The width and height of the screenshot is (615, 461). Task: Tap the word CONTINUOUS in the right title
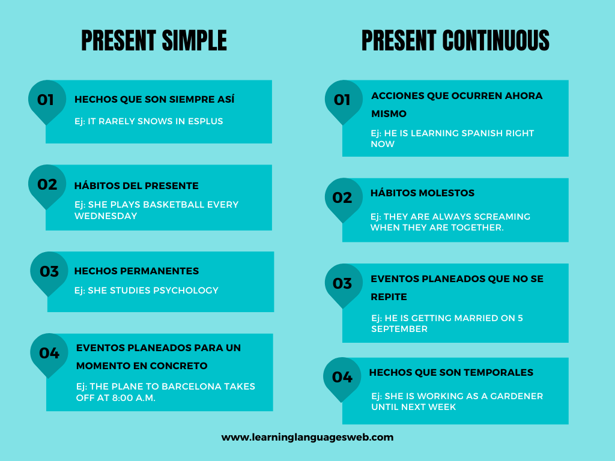coord(495,41)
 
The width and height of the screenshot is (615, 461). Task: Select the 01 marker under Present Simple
coord(46,100)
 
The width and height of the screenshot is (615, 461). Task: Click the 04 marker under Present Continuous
coord(342,377)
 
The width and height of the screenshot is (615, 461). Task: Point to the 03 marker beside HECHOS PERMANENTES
coord(49,271)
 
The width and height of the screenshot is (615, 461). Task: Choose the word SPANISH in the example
coord(468,133)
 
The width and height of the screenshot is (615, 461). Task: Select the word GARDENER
coord(517,396)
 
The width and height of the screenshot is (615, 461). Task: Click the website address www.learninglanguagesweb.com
coord(307,437)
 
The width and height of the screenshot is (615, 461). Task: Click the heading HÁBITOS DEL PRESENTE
coord(136,185)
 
